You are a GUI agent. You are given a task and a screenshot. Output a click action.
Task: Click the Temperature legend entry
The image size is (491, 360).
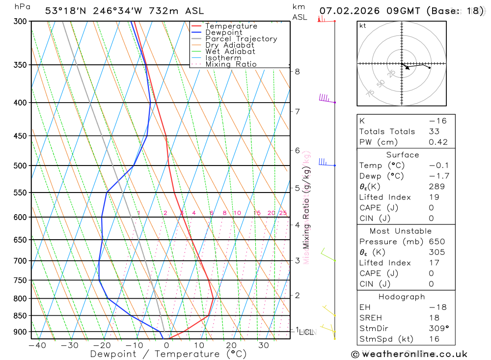[231, 26]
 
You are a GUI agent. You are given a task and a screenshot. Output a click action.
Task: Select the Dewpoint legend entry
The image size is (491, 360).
[223, 32]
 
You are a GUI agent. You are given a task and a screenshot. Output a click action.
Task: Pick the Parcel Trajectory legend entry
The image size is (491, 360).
[241, 39]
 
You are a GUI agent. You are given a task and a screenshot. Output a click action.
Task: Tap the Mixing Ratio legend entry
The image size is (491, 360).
[231, 64]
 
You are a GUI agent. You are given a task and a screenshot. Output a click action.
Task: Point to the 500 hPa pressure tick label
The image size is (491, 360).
[20, 166]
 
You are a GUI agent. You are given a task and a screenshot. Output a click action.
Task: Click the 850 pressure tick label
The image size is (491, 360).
[20, 315]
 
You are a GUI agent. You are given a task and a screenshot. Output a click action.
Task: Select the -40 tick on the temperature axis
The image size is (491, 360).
[37, 345]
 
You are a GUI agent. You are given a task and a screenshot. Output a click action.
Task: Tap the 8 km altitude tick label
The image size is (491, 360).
[298, 71]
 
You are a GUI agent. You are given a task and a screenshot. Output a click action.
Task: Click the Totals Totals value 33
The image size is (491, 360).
[434, 132]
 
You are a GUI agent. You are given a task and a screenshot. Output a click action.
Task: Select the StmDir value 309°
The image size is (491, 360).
[438, 329]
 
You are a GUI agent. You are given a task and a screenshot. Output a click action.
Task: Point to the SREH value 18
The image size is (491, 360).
[434, 318]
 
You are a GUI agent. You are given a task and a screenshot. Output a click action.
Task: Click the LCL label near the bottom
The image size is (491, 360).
[306, 332]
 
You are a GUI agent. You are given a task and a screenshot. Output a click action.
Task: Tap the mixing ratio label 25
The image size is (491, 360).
[283, 213]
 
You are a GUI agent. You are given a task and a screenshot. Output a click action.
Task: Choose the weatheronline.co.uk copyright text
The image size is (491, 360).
[409, 354]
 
